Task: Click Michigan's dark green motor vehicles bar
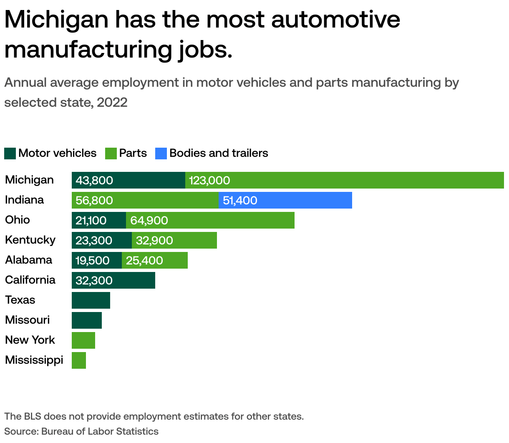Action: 129,180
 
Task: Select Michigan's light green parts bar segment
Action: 345,180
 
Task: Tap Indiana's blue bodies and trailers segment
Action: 285,200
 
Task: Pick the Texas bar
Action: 91,300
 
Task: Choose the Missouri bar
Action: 87,320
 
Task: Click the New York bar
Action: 83,340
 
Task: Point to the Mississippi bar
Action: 79,360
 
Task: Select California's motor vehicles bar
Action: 113,280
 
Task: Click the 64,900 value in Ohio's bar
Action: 149,220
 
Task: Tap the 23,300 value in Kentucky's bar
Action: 94,240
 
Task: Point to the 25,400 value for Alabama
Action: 144,260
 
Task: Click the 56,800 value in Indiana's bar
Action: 94,200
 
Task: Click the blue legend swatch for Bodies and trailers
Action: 161,154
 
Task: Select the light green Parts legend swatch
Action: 111,154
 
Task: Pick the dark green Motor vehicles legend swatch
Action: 10,154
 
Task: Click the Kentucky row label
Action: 30,240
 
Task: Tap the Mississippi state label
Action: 34,360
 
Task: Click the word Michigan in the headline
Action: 57,20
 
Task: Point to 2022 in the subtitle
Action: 112,102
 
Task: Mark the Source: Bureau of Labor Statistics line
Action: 81,431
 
